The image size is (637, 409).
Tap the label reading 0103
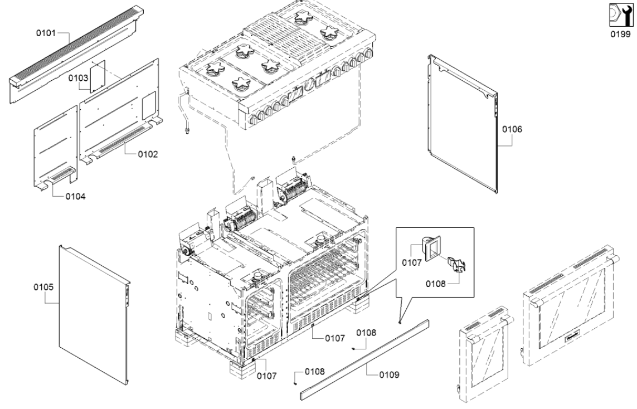pos(79,78)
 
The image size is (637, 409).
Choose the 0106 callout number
pos(512,129)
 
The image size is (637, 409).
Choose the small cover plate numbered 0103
pos(98,76)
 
